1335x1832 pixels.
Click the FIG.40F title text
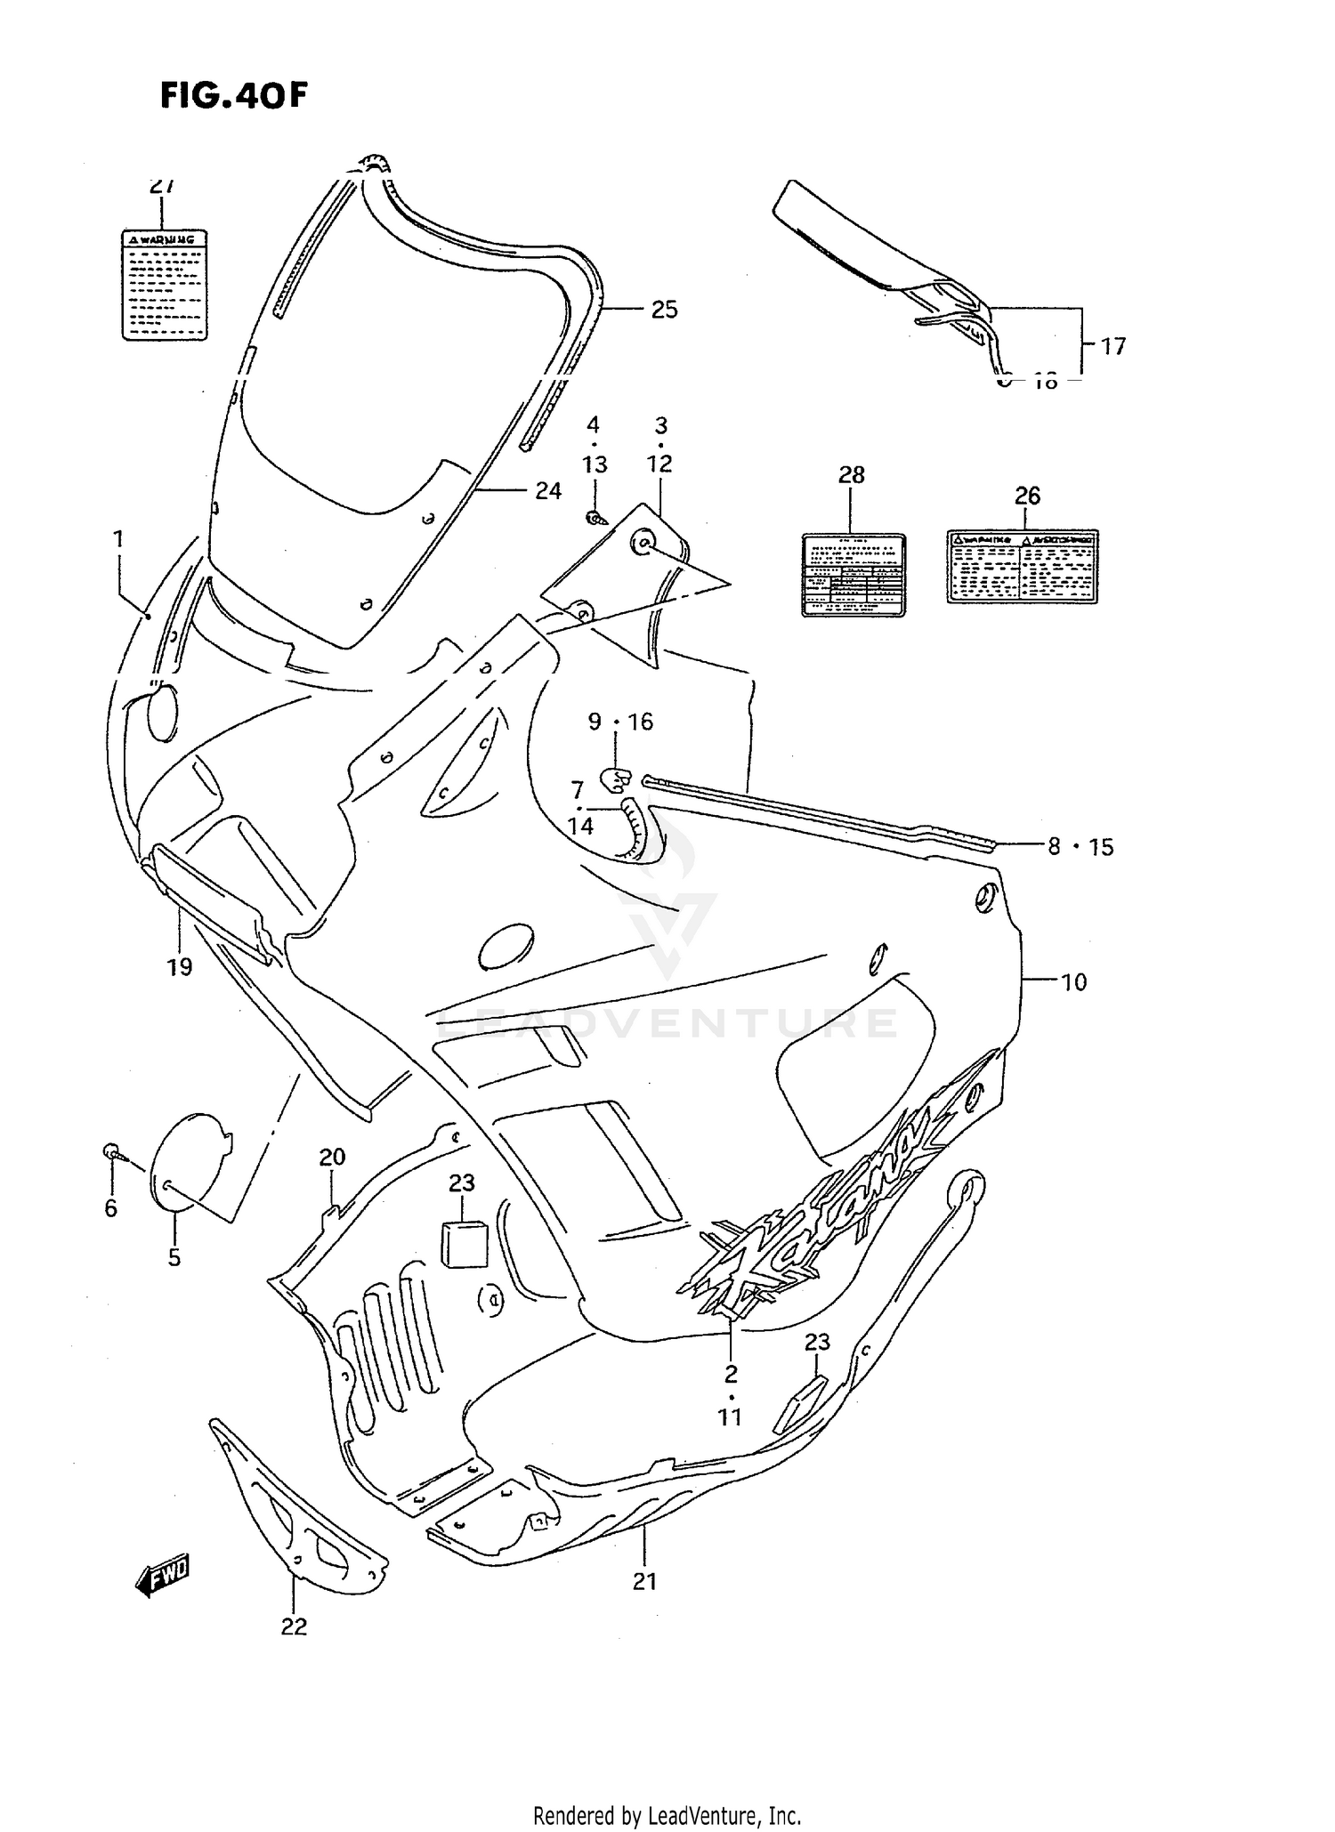233,94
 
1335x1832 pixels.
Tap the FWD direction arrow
163,1578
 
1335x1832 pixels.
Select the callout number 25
664,310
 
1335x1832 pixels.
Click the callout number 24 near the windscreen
548,490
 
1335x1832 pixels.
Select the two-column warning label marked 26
1022,567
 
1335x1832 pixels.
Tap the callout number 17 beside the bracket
1113,346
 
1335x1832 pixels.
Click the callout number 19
180,966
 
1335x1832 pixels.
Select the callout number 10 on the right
1074,982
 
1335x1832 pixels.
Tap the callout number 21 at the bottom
644,1581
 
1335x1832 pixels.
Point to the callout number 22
294,1626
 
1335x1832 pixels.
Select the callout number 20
332,1158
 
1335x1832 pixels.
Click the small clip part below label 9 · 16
613,779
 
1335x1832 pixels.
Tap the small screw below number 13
595,518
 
